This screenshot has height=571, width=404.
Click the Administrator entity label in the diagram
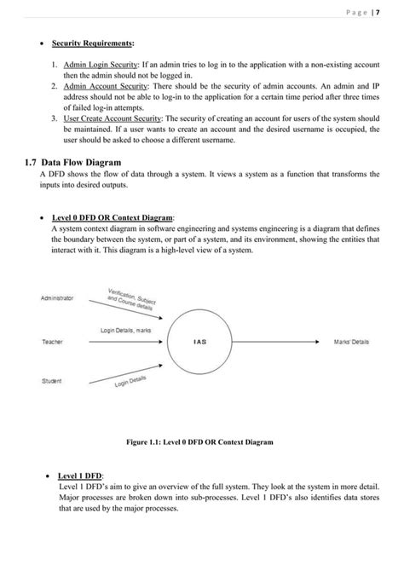click(x=57, y=298)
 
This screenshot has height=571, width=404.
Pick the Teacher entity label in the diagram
click(x=51, y=342)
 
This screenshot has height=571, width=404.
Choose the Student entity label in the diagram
click(x=51, y=381)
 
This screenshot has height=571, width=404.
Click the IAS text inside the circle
click(x=200, y=342)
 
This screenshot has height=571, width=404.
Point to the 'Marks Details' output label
click(x=352, y=342)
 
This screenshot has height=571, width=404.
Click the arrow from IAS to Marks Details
click(x=281, y=342)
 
